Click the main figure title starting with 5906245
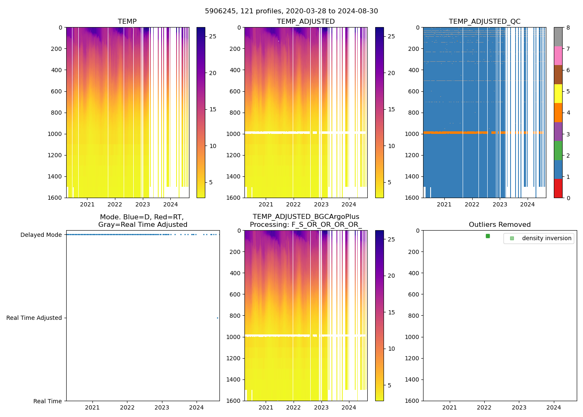[x=291, y=11]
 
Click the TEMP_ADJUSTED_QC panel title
[x=484, y=22]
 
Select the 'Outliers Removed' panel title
[x=500, y=225]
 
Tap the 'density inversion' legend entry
[x=546, y=238]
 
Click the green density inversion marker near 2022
[x=488, y=236]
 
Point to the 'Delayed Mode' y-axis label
[x=41, y=235]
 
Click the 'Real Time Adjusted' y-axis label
[x=34, y=318]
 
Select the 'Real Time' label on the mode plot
[x=47, y=401]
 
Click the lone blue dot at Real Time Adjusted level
[x=217, y=318]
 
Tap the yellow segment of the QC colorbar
[x=558, y=93]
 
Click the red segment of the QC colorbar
[x=558, y=188]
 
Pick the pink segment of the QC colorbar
[x=558, y=55]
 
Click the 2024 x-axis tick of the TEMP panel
[x=170, y=204]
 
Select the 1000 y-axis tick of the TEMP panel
[x=55, y=134]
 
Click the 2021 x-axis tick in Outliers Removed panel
[x=449, y=407]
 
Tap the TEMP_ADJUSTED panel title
[x=306, y=22]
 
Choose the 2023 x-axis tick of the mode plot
[x=162, y=407]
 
